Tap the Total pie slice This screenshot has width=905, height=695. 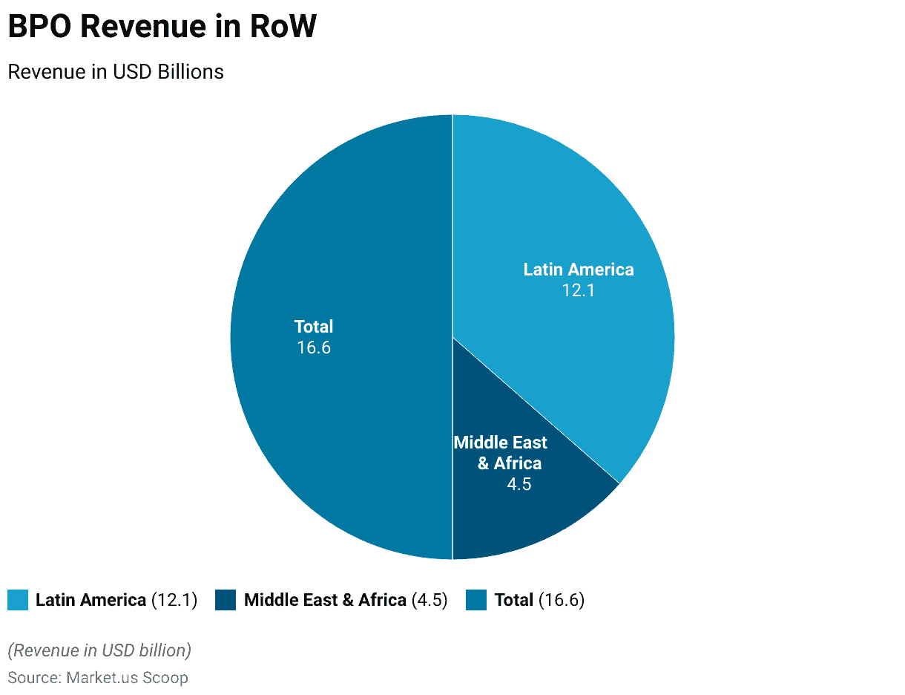(x=334, y=416)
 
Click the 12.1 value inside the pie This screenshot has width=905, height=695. (x=579, y=290)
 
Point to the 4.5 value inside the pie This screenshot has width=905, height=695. (x=519, y=484)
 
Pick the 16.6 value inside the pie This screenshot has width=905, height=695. (x=314, y=347)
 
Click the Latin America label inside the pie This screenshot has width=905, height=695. (x=579, y=270)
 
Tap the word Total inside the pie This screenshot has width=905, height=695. (x=314, y=327)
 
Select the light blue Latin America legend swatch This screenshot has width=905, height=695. (x=18, y=600)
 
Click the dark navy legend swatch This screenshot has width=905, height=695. (x=226, y=600)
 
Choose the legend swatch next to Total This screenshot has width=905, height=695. (x=476, y=600)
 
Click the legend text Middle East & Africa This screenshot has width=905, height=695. (x=325, y=600)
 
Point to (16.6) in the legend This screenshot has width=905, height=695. (x=562, y=600)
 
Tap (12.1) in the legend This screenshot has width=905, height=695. (x=174, y=600)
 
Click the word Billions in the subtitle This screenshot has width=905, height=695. (x=191, y=72)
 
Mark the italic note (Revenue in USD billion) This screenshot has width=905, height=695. (x=99, y=650)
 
